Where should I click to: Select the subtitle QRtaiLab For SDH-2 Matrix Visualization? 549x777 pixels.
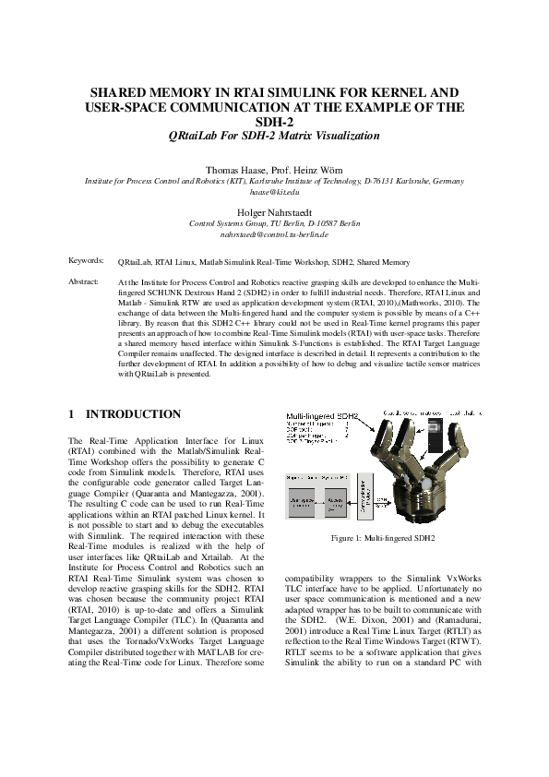tap(274, 136)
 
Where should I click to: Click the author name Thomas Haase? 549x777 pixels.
tap(236, 171)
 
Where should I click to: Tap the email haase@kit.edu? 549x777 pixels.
tap(274, 192)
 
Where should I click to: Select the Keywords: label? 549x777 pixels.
tap(86, 262)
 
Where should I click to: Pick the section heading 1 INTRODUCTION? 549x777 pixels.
tap(125, 415)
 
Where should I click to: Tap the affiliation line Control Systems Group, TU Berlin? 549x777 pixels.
tap(274, 223)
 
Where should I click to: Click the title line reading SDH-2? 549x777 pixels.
tap(274, 121)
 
